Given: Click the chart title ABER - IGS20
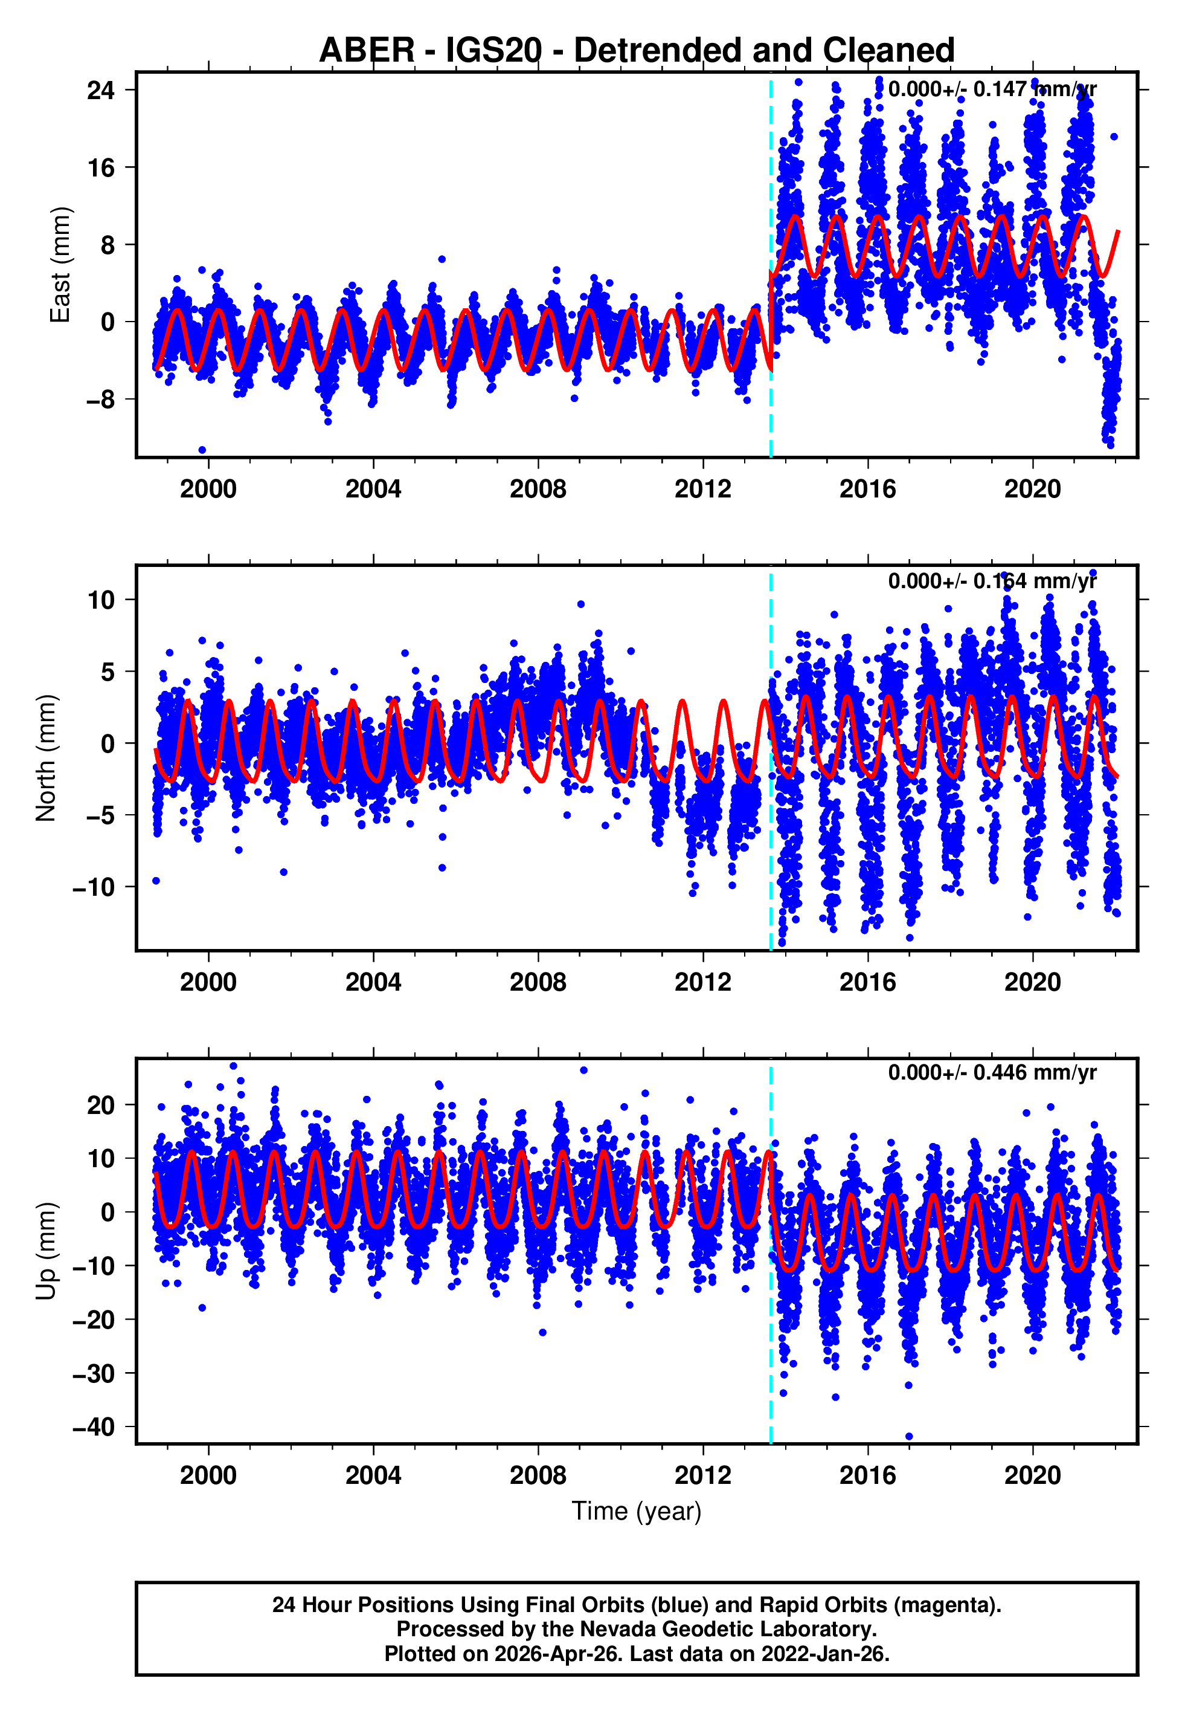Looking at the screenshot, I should point(637,51).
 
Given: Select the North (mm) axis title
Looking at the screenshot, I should point(46,758).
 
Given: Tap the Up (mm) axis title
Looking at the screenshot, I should point(46,1251).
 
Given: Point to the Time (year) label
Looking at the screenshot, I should point(637,1511).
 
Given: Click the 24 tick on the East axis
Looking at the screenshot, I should point(100,91).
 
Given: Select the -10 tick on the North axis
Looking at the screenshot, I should point(94,887).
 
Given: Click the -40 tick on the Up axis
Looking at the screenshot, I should point(94,1427).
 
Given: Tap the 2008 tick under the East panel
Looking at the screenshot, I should point(538,490).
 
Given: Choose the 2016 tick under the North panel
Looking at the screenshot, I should point(867,983).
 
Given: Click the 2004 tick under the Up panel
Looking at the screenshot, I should point(373,1475).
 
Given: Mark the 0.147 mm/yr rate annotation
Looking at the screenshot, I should point(992,89).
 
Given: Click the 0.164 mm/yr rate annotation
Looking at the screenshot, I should point(992,581).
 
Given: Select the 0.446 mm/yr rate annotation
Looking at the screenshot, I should point(992,1073).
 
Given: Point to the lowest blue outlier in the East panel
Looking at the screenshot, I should point(202,450).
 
